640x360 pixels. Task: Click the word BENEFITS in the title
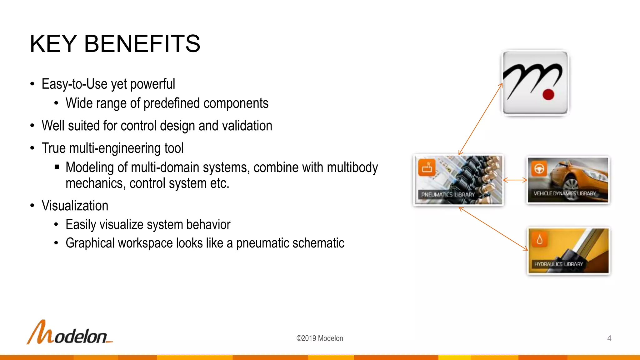point(142,44)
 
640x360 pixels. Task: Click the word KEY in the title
point(53,44)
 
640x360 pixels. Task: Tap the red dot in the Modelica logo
point(548,94)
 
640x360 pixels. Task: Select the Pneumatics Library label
point(447,195)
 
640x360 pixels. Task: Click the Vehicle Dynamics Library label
point(564,193)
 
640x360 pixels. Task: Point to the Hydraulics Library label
point(558,264)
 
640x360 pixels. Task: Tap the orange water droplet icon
point(539,240)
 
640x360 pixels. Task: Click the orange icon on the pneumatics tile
point(427,167)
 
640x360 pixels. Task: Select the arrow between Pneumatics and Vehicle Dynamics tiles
point(515,180)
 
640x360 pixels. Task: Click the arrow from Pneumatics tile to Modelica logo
point(480,119)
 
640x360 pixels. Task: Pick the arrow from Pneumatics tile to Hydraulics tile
point(493,228)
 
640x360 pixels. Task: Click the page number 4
point(609,338)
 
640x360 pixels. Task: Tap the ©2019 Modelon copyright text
point(319,338)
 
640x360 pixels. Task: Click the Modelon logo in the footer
point(69,333)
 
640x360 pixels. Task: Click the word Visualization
point(75,206)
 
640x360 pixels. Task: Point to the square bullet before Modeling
point(57,167)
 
